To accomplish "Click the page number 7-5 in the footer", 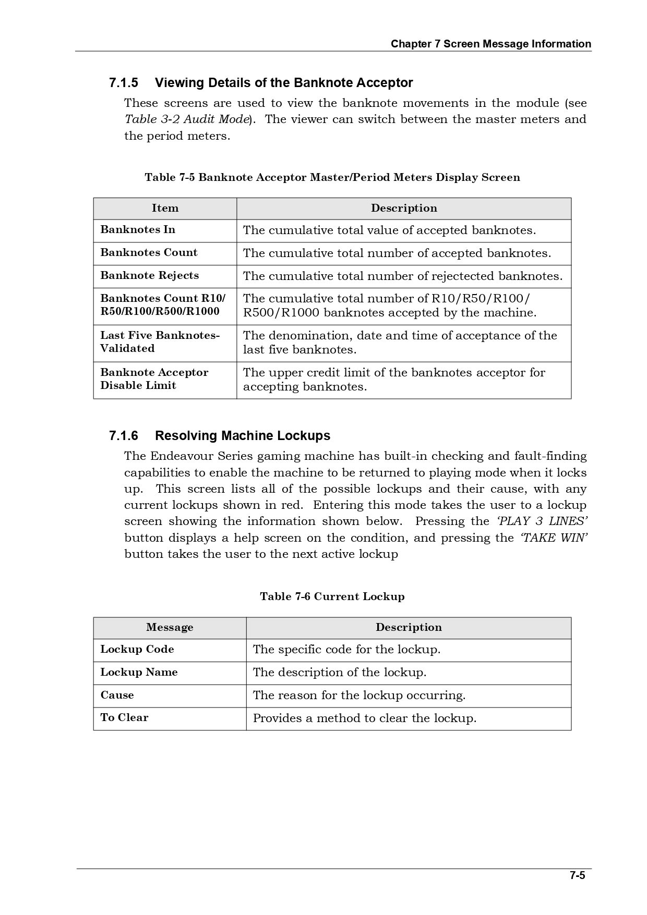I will (577, 875).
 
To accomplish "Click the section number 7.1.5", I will (124, 83).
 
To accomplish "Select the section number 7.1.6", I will (124, 436).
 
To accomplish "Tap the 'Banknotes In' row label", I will (138, 230).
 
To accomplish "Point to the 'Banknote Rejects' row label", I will (149, 276).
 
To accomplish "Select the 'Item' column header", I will (165, 209).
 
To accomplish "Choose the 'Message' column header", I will (170, 628).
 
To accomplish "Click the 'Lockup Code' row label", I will (137, 650).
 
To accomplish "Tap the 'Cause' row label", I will (117, 696).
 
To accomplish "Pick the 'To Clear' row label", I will (124, 718).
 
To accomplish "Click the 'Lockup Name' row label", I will (139, 673).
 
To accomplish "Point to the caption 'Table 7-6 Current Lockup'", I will (332, 597).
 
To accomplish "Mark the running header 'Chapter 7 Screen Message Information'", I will (491, 44).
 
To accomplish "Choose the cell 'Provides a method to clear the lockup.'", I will (365, 718).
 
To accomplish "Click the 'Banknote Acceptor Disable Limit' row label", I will (154, 379).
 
